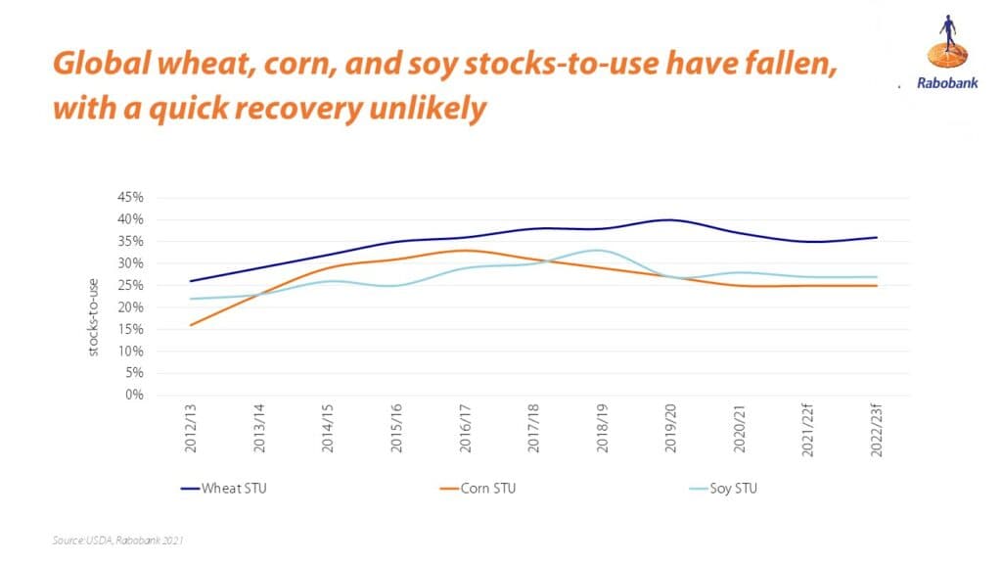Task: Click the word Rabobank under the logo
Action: coord(941,84)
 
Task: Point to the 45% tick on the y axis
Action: coord(131,197)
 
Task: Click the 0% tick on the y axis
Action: coord(134,396)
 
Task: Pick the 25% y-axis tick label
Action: coord(131,285)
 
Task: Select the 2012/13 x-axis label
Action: coord(190,430)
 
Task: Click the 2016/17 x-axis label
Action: coord(464,430)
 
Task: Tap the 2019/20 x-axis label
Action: coord(670,430)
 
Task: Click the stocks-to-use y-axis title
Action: coord(95,314)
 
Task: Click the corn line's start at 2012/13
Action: coord(190,325)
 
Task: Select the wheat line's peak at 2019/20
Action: coord(668,219)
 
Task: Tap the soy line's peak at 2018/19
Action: coord(600,250)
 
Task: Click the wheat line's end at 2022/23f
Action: coord(876,237)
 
